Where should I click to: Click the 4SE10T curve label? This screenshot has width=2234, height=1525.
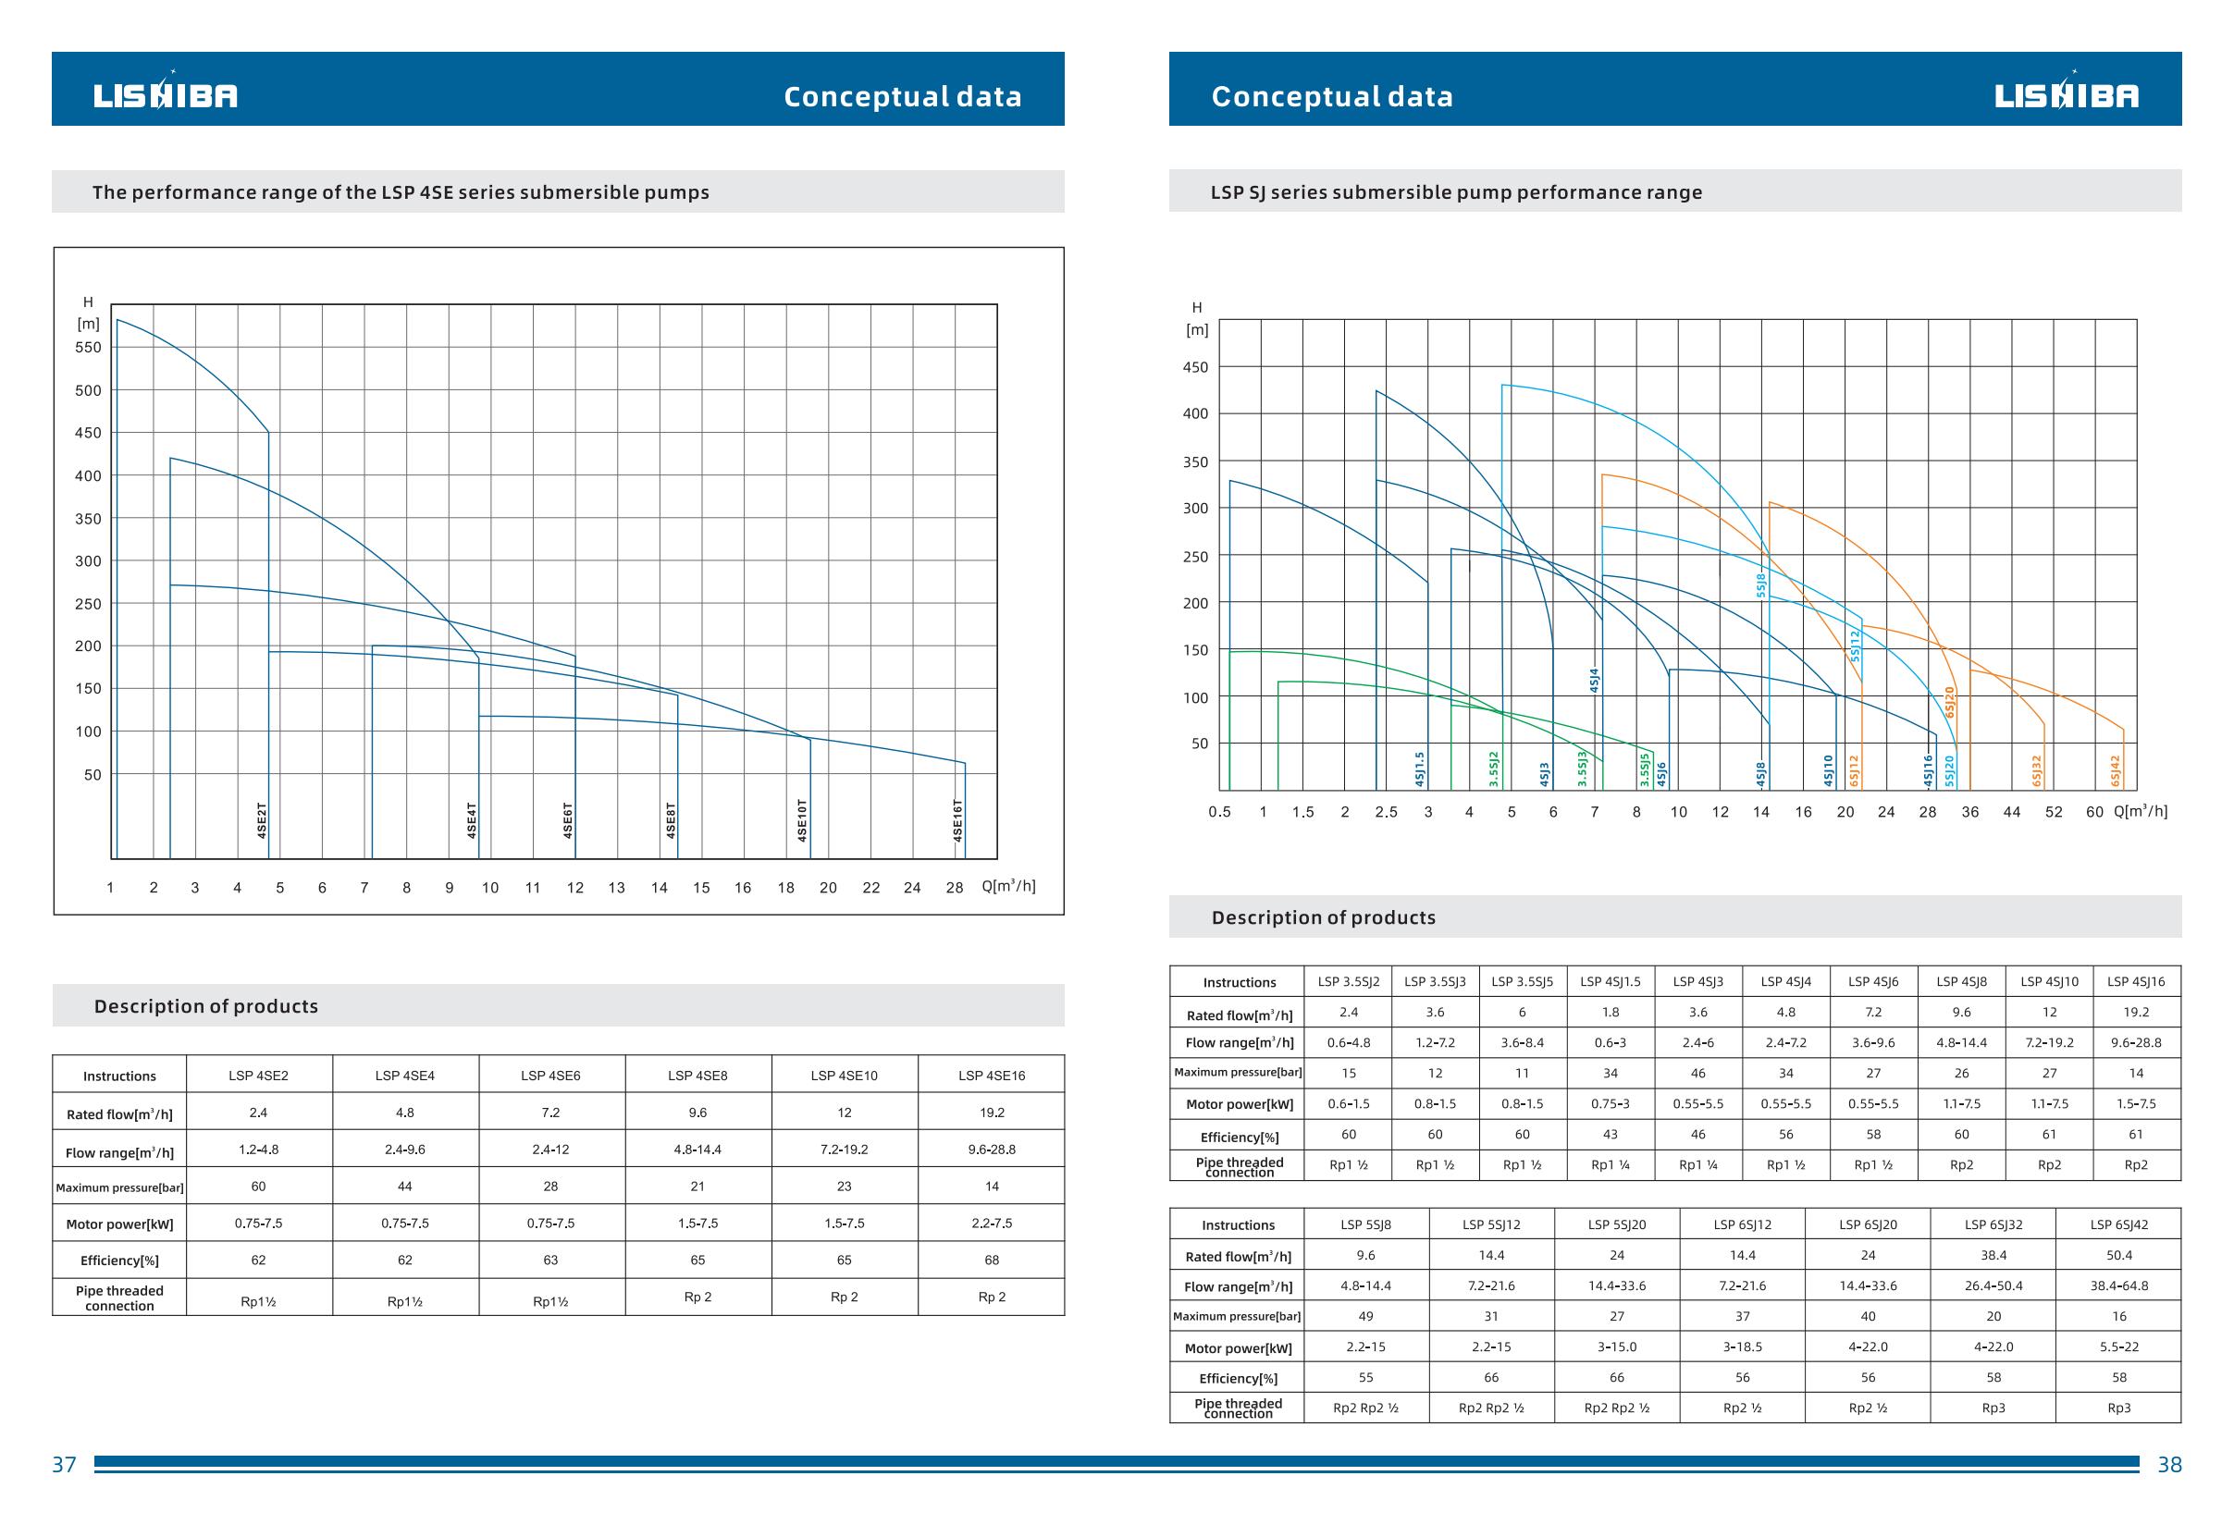click(803, 820)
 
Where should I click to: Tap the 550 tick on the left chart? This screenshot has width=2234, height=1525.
click(88, 348)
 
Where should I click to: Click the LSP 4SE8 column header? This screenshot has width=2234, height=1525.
click(697, 1076)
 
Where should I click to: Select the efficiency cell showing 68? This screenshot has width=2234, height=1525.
click(991, 1260)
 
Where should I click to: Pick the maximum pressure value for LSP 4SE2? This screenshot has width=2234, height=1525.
click(259, 1187)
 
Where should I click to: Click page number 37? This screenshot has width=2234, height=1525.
click(64, 1465)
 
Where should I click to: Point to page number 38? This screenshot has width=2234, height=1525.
click(2169, 1465)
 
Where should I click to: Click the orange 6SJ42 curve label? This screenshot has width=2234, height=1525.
click(2115, 769)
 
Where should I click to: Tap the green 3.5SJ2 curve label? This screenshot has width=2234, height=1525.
click(1494, 769)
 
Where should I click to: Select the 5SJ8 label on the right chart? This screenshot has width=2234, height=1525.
click(1761, 585)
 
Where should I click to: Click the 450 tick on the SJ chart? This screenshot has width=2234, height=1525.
click(1195, 367)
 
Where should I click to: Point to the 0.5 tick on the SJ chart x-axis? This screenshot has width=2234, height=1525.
click(1219, 812)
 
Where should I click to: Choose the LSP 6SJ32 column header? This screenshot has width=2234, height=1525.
click(1993, 1224)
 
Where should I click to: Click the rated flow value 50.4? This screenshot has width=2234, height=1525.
click(2118, 1255)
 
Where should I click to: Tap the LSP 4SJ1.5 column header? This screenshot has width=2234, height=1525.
click(1611, 981)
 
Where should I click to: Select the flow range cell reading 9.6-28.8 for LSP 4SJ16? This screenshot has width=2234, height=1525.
click(2135, 1041)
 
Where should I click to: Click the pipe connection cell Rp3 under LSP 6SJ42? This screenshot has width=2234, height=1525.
click(2118, 1408)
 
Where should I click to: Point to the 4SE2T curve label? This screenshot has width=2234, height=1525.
click(262, 820)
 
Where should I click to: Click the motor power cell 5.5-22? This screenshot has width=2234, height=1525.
click(2118, 1347)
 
